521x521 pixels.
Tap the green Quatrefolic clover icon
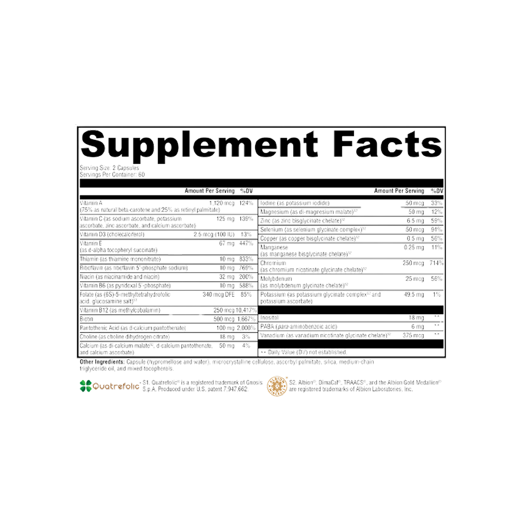(x=86, y=386)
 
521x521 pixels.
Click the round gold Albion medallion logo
(x=277, y=385)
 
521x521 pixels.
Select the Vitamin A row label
(x=88, y=203)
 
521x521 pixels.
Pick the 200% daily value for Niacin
(x=246, y=277)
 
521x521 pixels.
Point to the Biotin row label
(x=86, y=319)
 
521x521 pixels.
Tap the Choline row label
(x=88, y=337)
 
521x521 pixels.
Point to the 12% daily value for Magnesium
(x=436, y=212)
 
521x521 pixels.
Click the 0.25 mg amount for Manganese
(x=413, y=247)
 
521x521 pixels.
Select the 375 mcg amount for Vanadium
(x=413, y=336)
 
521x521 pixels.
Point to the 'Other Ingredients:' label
(x=102, y=362)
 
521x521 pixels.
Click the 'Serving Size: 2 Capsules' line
(x=109, y=169)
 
